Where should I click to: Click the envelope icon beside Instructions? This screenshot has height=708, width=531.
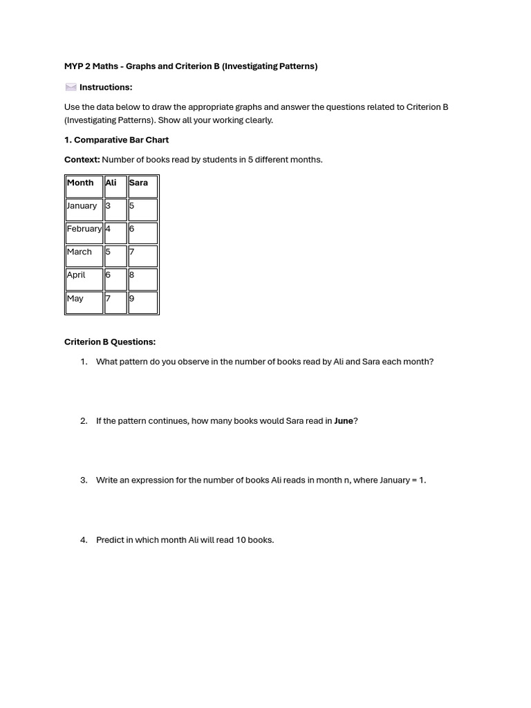(71, 87)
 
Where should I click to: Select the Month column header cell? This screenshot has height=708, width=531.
(80, 183)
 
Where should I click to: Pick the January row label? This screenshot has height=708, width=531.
(82, 206)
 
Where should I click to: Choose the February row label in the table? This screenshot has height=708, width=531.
(84, 229)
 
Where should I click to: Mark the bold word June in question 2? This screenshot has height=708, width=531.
(344, 421)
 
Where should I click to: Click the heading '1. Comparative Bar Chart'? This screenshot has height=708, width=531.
(116, 140)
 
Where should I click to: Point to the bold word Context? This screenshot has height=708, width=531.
(82, 160)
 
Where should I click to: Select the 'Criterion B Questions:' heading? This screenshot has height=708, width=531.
(110, 342)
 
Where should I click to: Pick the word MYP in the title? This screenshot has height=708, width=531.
(73, 66)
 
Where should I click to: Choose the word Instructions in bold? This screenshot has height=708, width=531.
(105, 87)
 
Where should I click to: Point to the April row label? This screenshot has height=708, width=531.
(76, 275)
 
